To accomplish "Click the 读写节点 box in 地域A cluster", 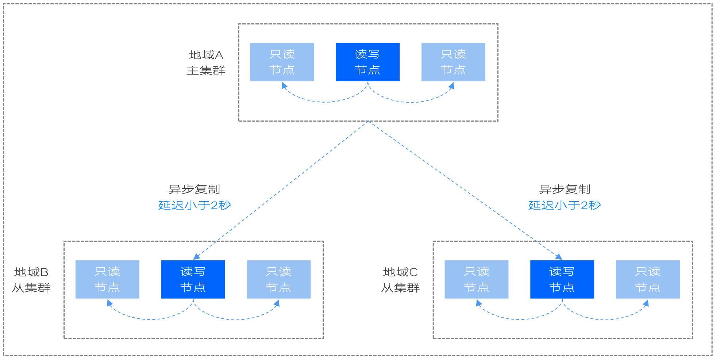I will pyautogui.click(x=367, y=62).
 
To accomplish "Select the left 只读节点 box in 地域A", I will pyautogui.click(x=282, y=62).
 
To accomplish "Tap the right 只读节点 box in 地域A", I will pyautogui.click(x=453, y=62).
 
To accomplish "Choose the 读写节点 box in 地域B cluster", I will pyautogui.click(x=193, y=279).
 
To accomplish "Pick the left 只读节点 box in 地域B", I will pyautogui.click(x=107, y=279).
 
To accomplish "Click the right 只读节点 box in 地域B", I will pyautogui.click(x=278, y=279).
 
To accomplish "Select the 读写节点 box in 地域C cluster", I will pyautogui.click(x=562, y=279).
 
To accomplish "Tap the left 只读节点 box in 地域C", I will pyautogui.click(x=476, y=279).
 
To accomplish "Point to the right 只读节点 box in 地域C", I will pyautogui.click(x=648, y=279).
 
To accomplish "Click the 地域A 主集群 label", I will pyautogui.click(x=206, y=62).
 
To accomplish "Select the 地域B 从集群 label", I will pyautogui.click(x=31, y=280).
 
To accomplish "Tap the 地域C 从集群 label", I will pyautogui.click(x=400, y=280).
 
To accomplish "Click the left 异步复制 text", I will pyautogui.click(x=194, y=189).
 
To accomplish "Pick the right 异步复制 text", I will pyautogui.click(x=565, y=189).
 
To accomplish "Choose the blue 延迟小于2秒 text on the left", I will pyautogui.click(x=195, y=205).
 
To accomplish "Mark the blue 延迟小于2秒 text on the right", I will pyautogui.click(x=565, y=205).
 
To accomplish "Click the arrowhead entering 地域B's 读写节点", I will pyautogui.click(x=196, y=257).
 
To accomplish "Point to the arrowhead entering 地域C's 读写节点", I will pyautogui.click(x=559, y=257).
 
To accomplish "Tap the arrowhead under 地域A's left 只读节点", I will pyautogui.click(x=284, y=85).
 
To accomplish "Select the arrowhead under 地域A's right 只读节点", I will pyautogui.click(x=452, y=86).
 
